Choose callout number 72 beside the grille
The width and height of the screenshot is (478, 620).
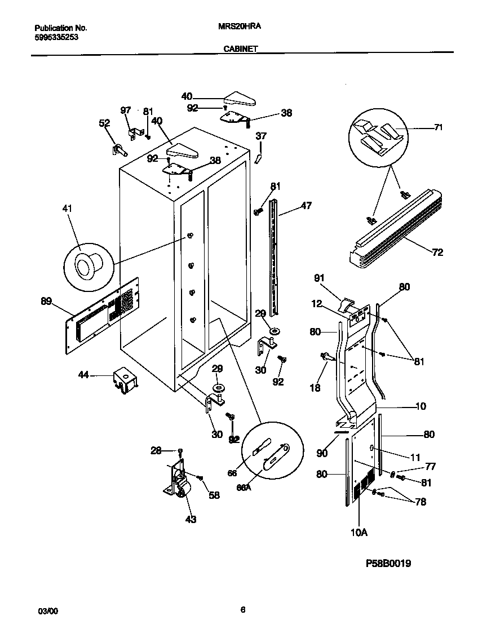click(437, 252)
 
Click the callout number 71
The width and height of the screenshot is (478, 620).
click(438, 128)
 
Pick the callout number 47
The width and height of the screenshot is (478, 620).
click(306, 206)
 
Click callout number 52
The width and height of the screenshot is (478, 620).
click(104, 123)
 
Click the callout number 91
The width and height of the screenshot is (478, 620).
click(319, 277)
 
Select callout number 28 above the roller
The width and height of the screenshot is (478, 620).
click(156, 450)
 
